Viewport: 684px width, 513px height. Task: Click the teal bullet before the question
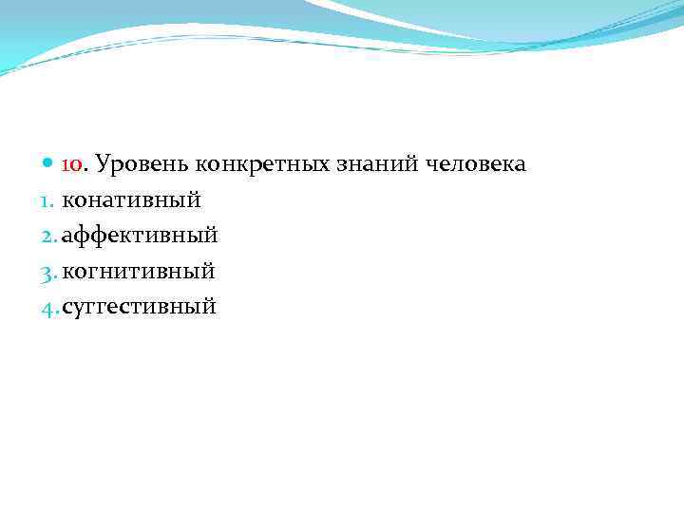[x=50, y=164]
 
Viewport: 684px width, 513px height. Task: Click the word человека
[x=476, y=165]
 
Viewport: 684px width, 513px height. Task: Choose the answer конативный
[x=131, y=200]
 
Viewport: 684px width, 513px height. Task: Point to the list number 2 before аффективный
[x=49, y=236]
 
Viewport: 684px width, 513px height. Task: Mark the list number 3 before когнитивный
[x=49, y=272]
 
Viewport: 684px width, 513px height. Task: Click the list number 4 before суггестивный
[x=49, y=307]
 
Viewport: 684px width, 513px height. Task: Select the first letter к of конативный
[x=67, y=201]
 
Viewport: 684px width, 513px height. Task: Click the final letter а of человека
[x=521, y=166]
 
